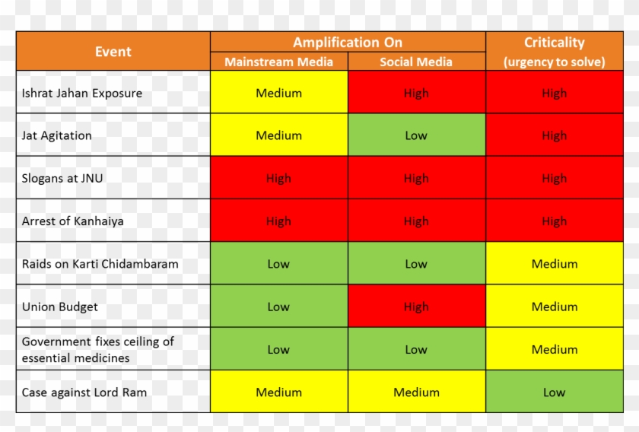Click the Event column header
[113, 52]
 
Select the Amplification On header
[348, 43]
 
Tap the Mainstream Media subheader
[278, 62]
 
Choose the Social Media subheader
[416, 62]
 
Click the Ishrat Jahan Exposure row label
[82, 94]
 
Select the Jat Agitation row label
[57, 136]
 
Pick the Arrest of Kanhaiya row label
[73, 221]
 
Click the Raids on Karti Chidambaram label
[100, 264]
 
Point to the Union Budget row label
[60, 307]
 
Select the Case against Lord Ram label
[84, 392]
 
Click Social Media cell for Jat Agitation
[416, 136]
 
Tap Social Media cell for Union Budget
[416, 307]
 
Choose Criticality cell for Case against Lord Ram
[554, 392]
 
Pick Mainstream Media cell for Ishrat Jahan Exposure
[278, 94]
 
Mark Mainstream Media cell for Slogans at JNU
[278, 179]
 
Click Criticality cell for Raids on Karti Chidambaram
[554, 264]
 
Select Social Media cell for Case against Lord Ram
[416, 392]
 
